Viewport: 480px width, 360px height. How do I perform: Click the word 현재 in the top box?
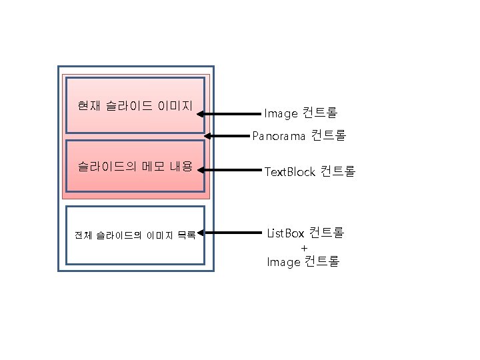click(x=87, y=106)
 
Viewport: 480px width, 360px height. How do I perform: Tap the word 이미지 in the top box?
click(x=175, y=106)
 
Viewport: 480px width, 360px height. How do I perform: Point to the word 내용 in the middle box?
click(x=181, y=166)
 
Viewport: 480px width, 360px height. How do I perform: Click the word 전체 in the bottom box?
click(x=84, y=235)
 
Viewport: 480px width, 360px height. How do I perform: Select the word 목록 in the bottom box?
click(x=186, y=235)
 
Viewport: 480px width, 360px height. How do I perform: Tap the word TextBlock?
click(x=289, y=172)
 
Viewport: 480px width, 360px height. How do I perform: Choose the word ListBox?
click(x=285, y=233)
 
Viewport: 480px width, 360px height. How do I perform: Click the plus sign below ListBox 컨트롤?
click(x=304, y=248)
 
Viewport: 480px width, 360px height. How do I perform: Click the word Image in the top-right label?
click(x=281, y=113)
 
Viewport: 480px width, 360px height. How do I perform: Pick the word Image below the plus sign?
click(x=283, y=262)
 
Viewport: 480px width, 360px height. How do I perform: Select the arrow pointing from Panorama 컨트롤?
click(x=227, y=137)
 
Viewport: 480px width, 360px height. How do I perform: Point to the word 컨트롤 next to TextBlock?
click(x=338, y=171)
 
